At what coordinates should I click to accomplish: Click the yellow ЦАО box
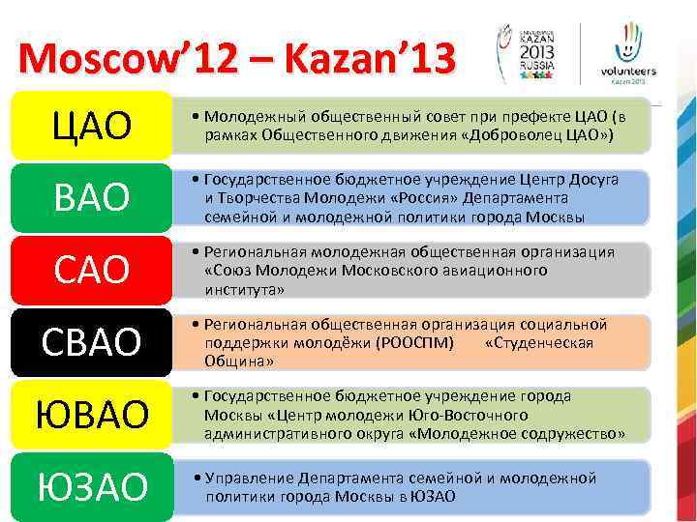[x=91, y=126]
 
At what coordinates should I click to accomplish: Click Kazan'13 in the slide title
[x=373, y=60]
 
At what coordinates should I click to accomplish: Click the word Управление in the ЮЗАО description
[x=247, y=478]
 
